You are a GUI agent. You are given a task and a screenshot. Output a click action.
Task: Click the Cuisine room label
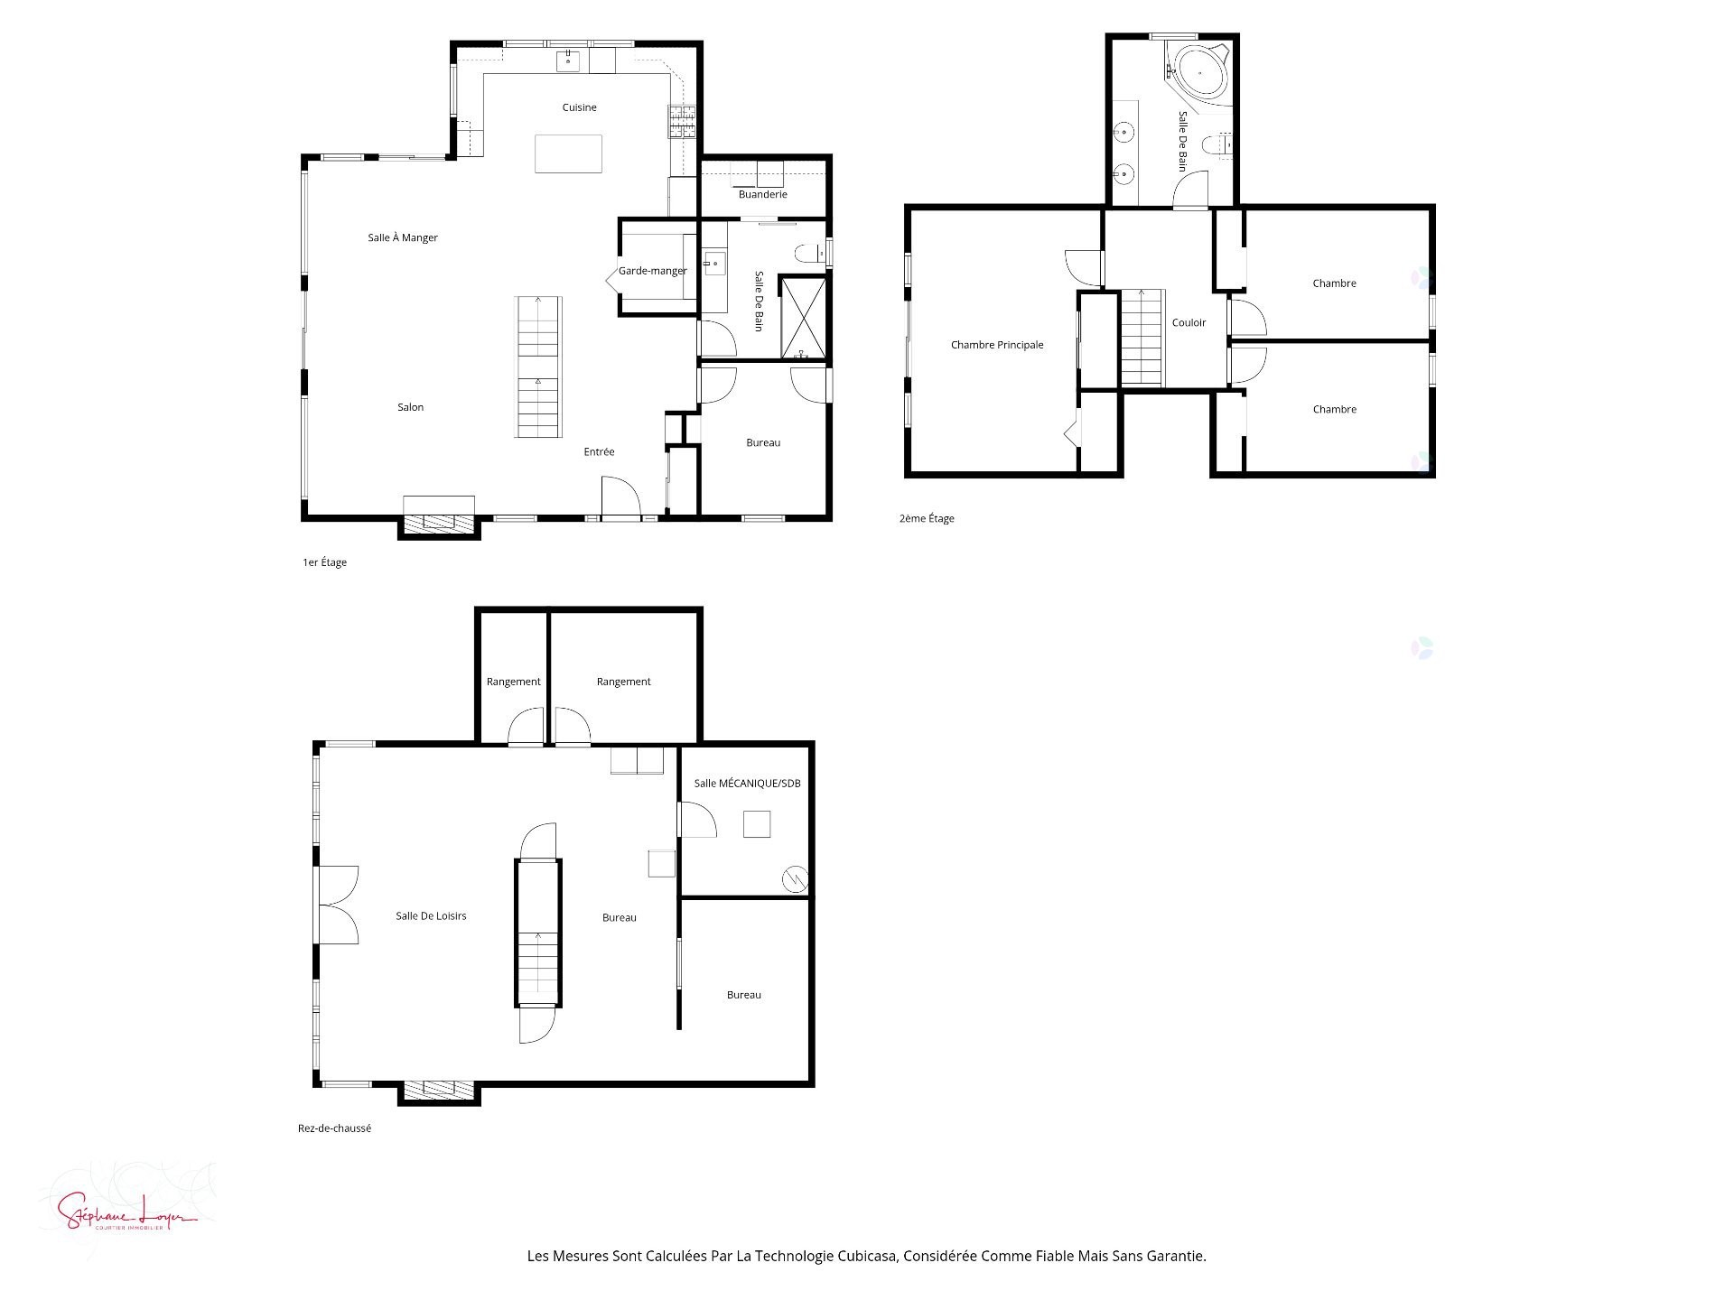(579, 107)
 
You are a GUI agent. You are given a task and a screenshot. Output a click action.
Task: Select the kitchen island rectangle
(568, 153)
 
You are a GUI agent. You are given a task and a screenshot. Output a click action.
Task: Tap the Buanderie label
(762, 194)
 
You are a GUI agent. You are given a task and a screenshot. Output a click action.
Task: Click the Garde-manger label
(652, 271)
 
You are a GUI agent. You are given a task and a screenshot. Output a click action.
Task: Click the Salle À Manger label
(403, 238)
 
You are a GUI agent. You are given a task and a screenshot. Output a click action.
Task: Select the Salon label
(410, 407)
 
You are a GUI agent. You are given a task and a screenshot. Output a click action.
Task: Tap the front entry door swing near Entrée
(621, 498)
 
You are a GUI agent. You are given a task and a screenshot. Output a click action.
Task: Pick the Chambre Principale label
(997, 345)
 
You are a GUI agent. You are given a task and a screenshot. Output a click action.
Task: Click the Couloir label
(1189, 322)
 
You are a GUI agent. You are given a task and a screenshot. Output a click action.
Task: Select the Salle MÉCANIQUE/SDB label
(747, 784)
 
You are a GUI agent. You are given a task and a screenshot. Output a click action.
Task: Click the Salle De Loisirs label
(431, 916)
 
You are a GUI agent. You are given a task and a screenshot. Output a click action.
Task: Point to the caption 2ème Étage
(927, 519)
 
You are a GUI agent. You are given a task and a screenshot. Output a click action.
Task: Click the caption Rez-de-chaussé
(334, 1128)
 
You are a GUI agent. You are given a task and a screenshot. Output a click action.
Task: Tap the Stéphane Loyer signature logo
(126, 1210)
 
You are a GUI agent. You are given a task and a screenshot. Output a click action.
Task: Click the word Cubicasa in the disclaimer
(867, 1256)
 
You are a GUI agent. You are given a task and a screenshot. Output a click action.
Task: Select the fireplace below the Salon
(439, 523)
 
